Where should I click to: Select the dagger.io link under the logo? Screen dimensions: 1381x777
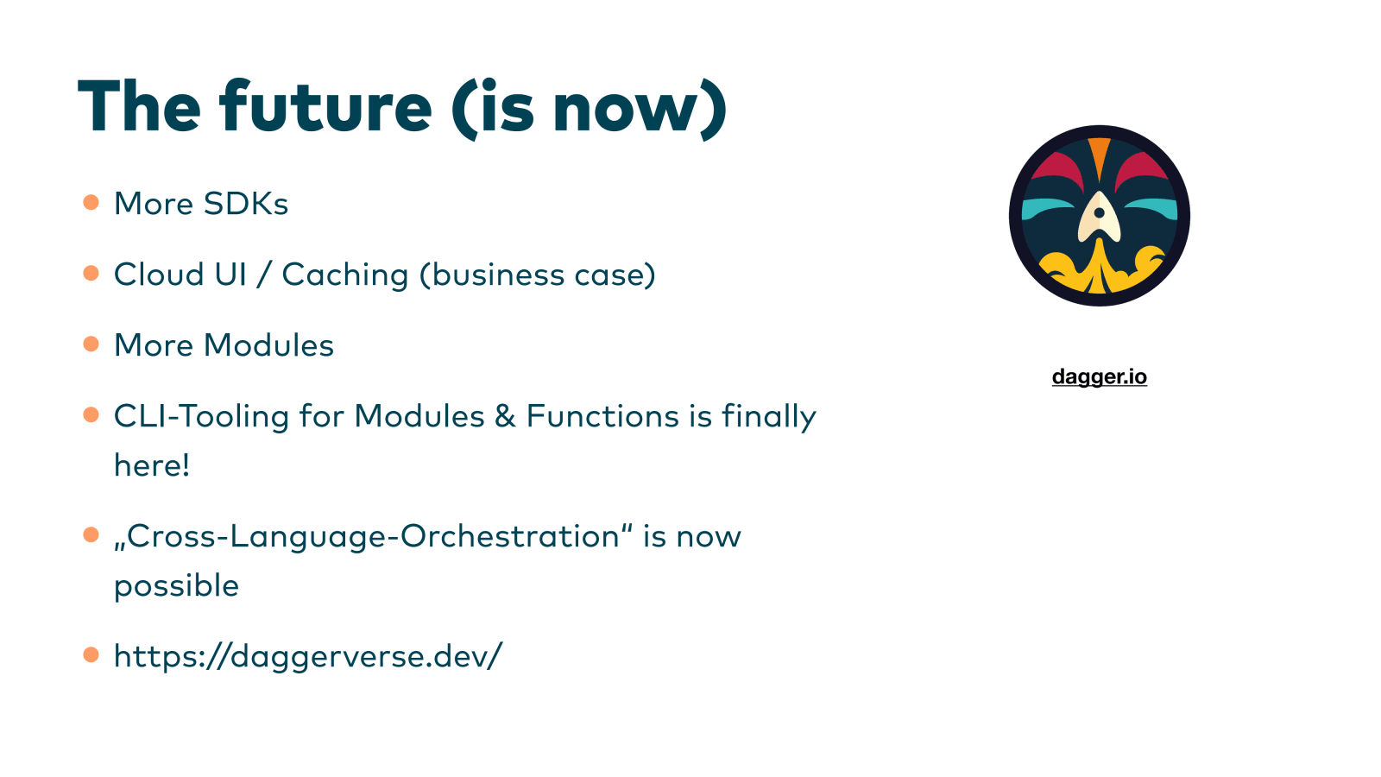pyautogui.click(x=1100, y=376)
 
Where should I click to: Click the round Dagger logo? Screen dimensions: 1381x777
pyautogui.click(x=1100, y=215)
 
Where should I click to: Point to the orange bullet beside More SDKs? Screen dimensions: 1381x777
pyautogui.click(x=91, y=202)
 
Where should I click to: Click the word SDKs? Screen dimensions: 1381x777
pyautogui.click(x=245, y=204)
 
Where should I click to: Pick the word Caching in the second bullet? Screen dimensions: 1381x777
pyautogui.click(x=345, y=275)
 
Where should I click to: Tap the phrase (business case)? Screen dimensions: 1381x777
pyautogui.click(x=537, y=275)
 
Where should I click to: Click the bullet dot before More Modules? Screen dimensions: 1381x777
pyautogui.click(x=91, y=344)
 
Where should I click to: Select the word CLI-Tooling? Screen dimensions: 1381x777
pyautogui.click(x=202, y=417)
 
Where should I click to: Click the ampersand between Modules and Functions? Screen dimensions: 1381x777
pyautogui.click(x=505, y=416)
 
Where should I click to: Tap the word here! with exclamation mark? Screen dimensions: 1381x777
pyautogui.click(x=152, y=464)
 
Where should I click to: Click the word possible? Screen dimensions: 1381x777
pyautogui.click(x=176, y=586)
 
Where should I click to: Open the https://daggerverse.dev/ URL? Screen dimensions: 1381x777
pyautogui.click(x=309, y=655)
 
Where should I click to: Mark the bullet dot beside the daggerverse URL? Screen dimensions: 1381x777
pyautogui.click(x=91, y=654)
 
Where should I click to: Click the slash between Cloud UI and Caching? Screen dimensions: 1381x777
pyautogui.click(x=263, y=275)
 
